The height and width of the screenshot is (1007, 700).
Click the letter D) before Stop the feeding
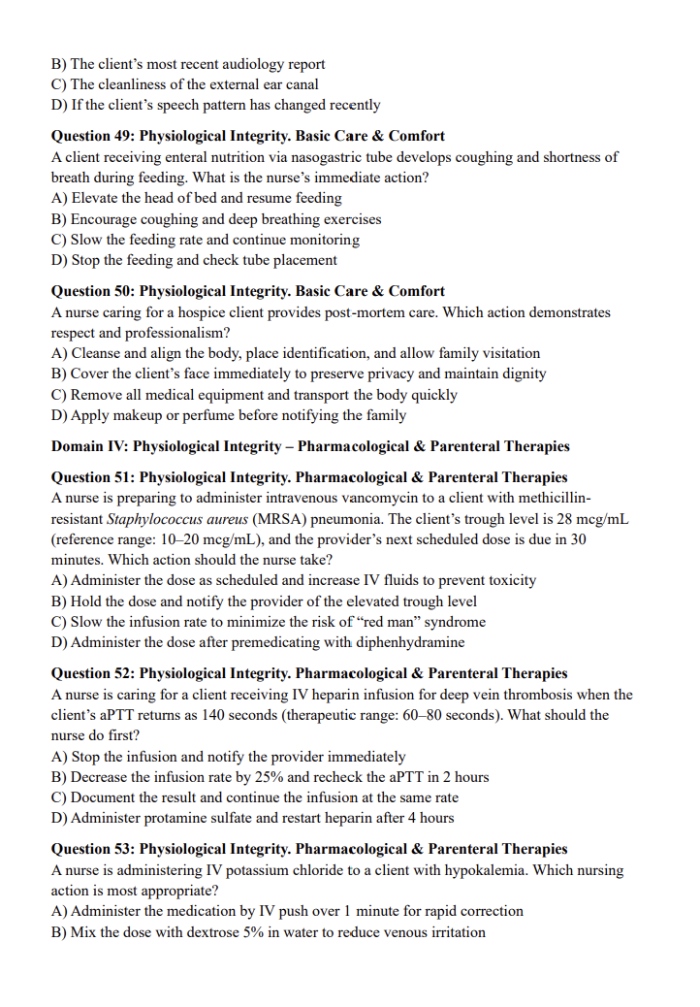pyautogui.click(x=59, y=260)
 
